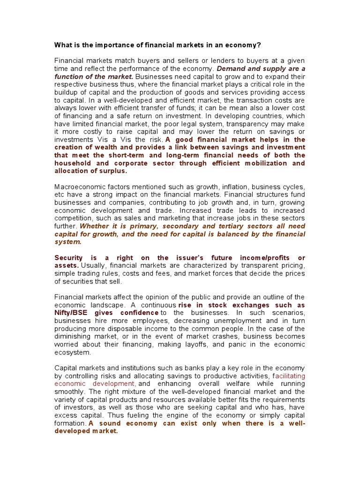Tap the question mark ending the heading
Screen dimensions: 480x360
[x=259, y=45]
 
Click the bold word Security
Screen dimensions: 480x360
[x=68, y=258]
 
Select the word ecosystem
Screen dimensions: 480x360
[x=73, y=352]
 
